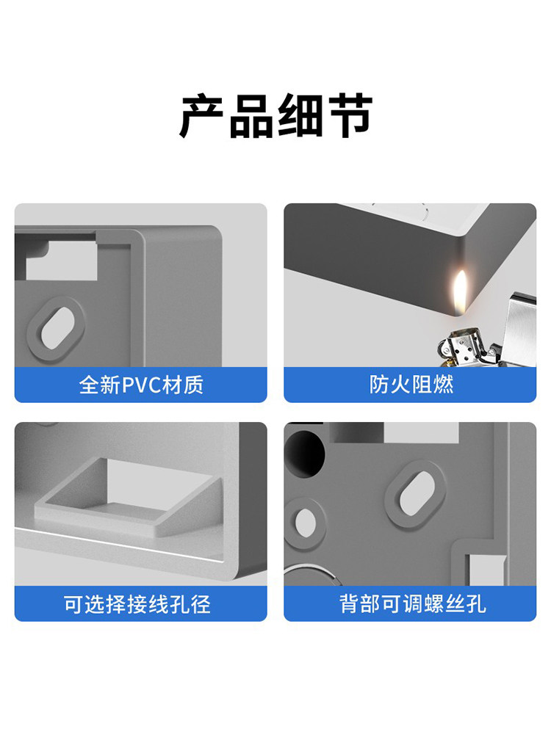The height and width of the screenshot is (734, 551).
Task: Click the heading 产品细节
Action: point(276,116)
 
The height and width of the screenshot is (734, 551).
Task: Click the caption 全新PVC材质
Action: point(141,385)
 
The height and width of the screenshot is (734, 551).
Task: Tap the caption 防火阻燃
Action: point(411,385)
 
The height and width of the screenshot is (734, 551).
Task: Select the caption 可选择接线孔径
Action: point(137,604)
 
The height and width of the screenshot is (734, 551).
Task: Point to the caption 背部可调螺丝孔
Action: point(412,604)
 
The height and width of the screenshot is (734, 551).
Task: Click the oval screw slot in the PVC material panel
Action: point(57,327)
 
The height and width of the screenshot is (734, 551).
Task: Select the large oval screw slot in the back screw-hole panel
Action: point(417,493)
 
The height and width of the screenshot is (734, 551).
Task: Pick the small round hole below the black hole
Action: point(305,523)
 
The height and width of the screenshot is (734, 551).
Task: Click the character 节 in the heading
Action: point(350,116)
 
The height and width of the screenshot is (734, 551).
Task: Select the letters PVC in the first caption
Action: point(142,385)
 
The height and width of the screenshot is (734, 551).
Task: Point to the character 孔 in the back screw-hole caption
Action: point(475,604)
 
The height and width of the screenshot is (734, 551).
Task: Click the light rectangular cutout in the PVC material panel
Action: point(62,261)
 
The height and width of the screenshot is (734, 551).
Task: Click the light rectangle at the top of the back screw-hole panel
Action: point(421,432)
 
